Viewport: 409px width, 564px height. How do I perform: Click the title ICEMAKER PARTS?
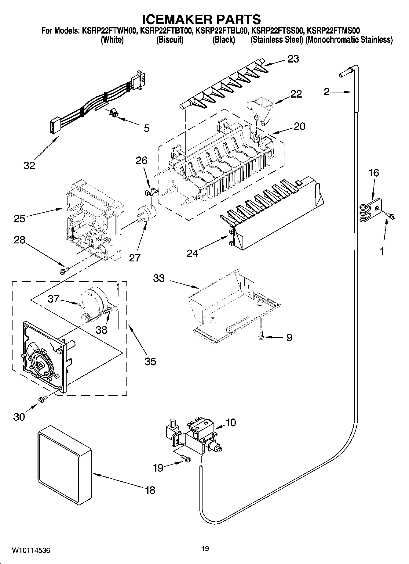point(202,19)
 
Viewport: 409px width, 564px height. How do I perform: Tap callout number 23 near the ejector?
point(293,59)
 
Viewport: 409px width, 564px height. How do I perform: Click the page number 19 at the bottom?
point(205,549)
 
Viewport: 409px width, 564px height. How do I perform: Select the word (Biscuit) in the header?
point(170,40)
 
